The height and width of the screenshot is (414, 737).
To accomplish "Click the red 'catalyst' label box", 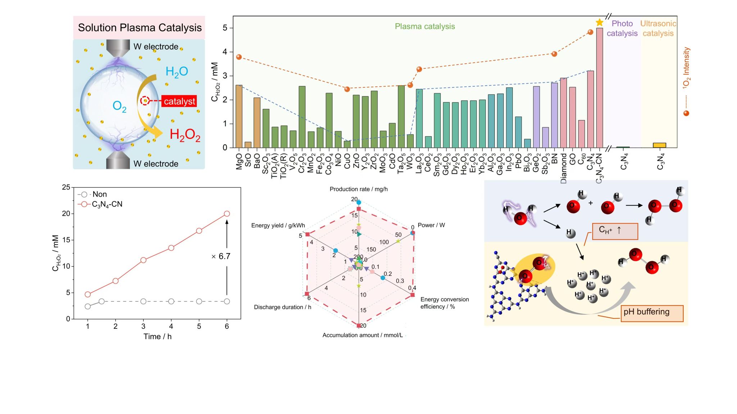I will pos(179,101).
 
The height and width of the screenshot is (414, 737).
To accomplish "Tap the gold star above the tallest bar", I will pos(599,23).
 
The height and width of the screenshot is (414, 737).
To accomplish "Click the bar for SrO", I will pos(248,145).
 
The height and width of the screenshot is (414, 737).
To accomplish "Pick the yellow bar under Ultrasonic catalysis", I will pos(659,145).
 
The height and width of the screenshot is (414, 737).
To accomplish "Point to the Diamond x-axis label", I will pos(564,169).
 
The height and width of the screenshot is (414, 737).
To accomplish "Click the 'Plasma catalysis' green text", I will pos(425,26).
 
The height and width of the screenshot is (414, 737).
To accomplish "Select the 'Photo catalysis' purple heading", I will pos(622,28).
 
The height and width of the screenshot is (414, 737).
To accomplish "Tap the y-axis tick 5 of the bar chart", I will pos(225,28).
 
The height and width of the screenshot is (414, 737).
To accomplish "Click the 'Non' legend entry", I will pos(99,194).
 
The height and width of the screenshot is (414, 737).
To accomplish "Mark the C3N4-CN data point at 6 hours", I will pos(227,214).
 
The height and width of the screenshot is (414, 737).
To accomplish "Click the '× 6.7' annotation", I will pos(221,256).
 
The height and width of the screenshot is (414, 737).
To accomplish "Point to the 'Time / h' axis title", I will pos(157,336).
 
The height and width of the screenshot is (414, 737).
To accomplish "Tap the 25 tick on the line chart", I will pos(66,187).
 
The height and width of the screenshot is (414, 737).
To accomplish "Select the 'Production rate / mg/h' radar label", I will pos(358,189).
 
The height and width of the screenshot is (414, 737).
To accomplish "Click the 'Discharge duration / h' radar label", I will pos(282,307).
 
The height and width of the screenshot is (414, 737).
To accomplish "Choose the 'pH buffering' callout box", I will pos(652,312).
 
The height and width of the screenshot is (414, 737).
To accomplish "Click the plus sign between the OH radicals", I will pos(591,203).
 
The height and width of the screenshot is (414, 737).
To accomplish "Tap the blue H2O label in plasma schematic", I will pos(177,72).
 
